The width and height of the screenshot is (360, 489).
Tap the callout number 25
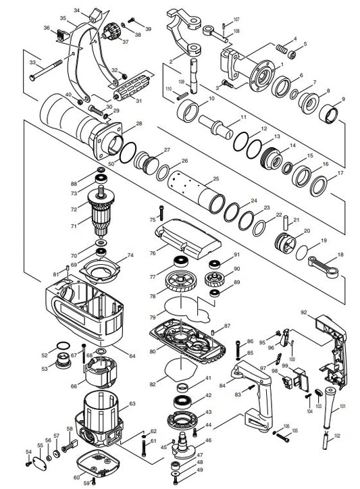pos(216,179)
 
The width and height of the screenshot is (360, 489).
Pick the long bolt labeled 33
pos(54,68)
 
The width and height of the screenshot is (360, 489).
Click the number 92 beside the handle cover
pos(304,312)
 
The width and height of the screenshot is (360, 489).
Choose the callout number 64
pos(132,355)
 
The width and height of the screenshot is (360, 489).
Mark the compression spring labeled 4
pos(280,49)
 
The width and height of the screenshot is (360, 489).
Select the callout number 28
pos(139,124)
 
